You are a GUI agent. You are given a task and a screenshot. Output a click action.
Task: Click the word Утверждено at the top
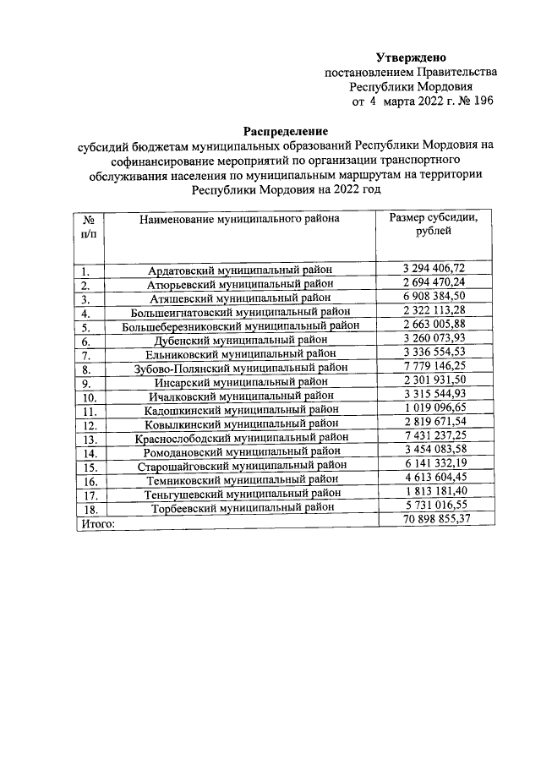(410, 57)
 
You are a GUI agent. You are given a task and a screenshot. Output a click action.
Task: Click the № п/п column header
(88, 226)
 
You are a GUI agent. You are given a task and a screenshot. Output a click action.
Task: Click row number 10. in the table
(90, 396)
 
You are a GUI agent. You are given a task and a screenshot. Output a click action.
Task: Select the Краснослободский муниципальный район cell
(240, 439)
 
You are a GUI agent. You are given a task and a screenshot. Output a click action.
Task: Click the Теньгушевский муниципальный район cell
(240, 495)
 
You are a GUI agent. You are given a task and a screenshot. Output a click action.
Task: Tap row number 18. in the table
(90, 509)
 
